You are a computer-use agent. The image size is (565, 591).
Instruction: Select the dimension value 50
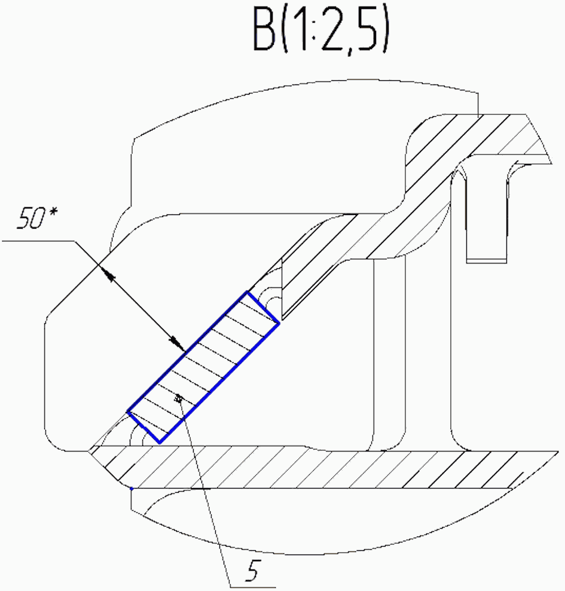click(x=30, y=218)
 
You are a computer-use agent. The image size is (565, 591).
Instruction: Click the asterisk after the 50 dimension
click(x=53, y=211)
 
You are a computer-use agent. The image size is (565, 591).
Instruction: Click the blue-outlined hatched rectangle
click(x=203, y=367)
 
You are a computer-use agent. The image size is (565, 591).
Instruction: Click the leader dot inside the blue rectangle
click(x=179, y=398)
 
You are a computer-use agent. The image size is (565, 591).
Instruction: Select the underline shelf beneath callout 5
click(x=252, y=587)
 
